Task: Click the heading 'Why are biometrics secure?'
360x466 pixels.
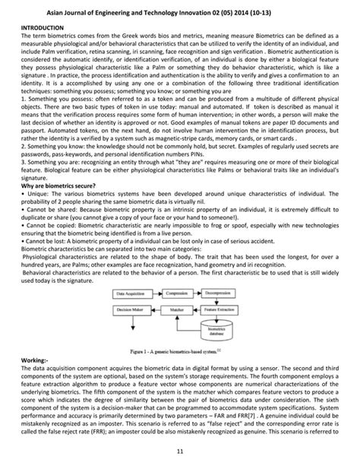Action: coord(64,185)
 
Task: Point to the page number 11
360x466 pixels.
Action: coord(180,452)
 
